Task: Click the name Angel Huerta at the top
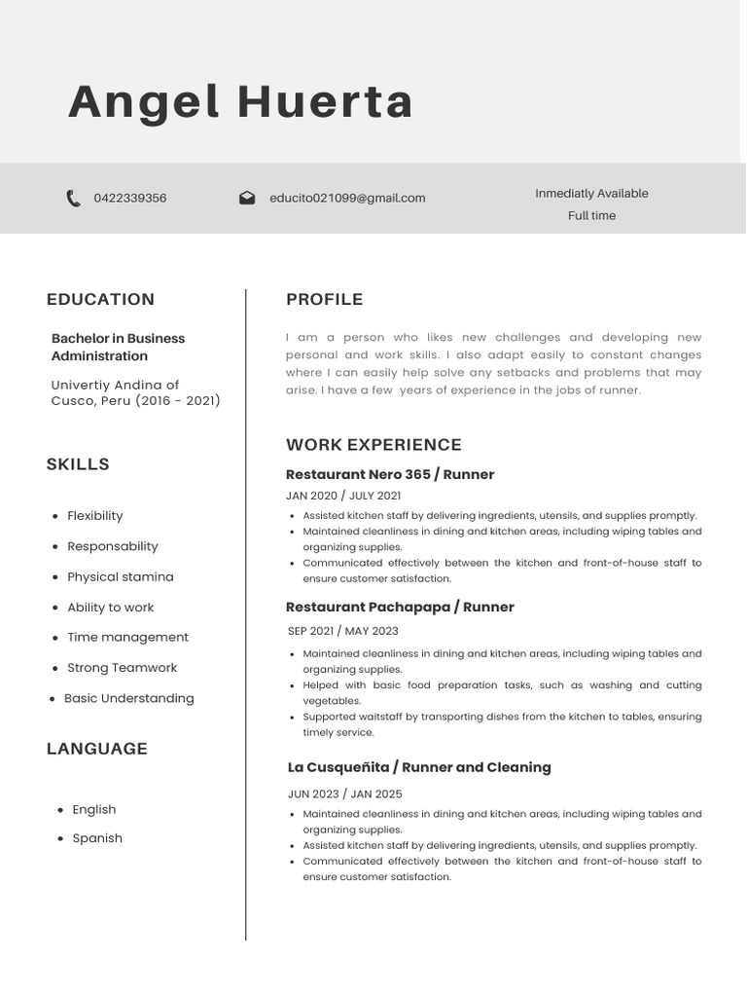pos(240,102)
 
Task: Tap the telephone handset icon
pos(73,199)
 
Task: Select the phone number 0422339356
pos(129,199)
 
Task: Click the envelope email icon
pos(247,199)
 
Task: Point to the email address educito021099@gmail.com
pos(347,199)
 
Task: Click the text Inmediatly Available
pos(591,194)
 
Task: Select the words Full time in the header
pos(591,216)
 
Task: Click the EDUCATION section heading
pos(100,300)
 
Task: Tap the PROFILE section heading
pos(324,300)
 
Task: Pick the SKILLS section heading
pos(78,464)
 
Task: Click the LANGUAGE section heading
pos(97,749)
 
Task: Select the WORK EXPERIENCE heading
pos(373,445)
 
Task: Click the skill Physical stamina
pos(120,577)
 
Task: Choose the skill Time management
pos(127,638)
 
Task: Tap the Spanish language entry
pos(97,838)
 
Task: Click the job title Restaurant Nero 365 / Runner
pos(390,475)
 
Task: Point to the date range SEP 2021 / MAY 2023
pos(342,631)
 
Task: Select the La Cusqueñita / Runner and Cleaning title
pos(419,767)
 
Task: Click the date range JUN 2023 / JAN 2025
pos(344,794)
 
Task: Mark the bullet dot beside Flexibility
pos(54,516)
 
